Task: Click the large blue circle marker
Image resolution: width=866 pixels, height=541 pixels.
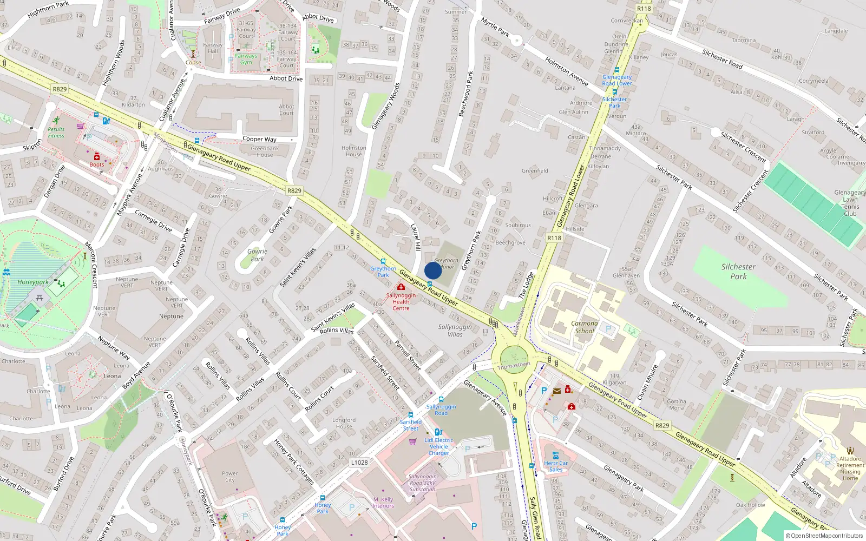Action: pyautogui.click(x=433, y=270)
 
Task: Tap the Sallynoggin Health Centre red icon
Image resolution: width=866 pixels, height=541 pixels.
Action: pyautogui.click(x=401, y=287)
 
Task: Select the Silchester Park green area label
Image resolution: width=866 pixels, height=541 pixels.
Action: pyautogui.click(x=738, y=272)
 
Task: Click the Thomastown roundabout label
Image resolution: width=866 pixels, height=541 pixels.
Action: pyautogui.click(x=514, y=366)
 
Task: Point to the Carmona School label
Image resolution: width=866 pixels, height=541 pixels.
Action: pyautogui.click(x=585, y=327)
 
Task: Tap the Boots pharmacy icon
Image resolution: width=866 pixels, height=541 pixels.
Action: pyautogui.click(x=97, y=157)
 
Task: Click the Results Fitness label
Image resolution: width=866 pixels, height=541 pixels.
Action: pyautogui.click(x=56, y=133)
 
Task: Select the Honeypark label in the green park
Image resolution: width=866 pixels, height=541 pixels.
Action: pyautogui.click(x=32, y=282)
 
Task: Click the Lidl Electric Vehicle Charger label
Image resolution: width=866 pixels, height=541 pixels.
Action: pyautogui.click(x=438, y=446)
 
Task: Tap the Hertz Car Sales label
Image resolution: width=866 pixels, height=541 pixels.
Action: pyautogui.click(x=556, y=466)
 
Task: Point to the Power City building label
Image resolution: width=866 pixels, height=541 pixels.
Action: pyautogui.click(x=229, y=477)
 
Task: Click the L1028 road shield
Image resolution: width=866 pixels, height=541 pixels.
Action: pyautogui.click(x=359, y=462)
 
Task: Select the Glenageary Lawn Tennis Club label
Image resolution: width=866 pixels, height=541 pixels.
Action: pyautogui.click(x=850, y=203)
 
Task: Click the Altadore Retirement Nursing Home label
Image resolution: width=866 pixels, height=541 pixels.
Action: pyautogui.click(x=850, y=468)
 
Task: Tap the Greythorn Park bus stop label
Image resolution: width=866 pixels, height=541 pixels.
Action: pyautogui.click(x=383, y=272)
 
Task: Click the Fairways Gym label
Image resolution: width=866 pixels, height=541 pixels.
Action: pyautogui.click(x=246, y=59)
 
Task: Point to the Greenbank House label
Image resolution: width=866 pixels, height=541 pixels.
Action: pyautogui.click(x=265, y=151)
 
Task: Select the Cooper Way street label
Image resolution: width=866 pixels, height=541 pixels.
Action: pyautogui.click(x=259, y=139)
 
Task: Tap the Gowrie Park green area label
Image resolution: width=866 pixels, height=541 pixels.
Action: pyautogui.click(x=257, y=255)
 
